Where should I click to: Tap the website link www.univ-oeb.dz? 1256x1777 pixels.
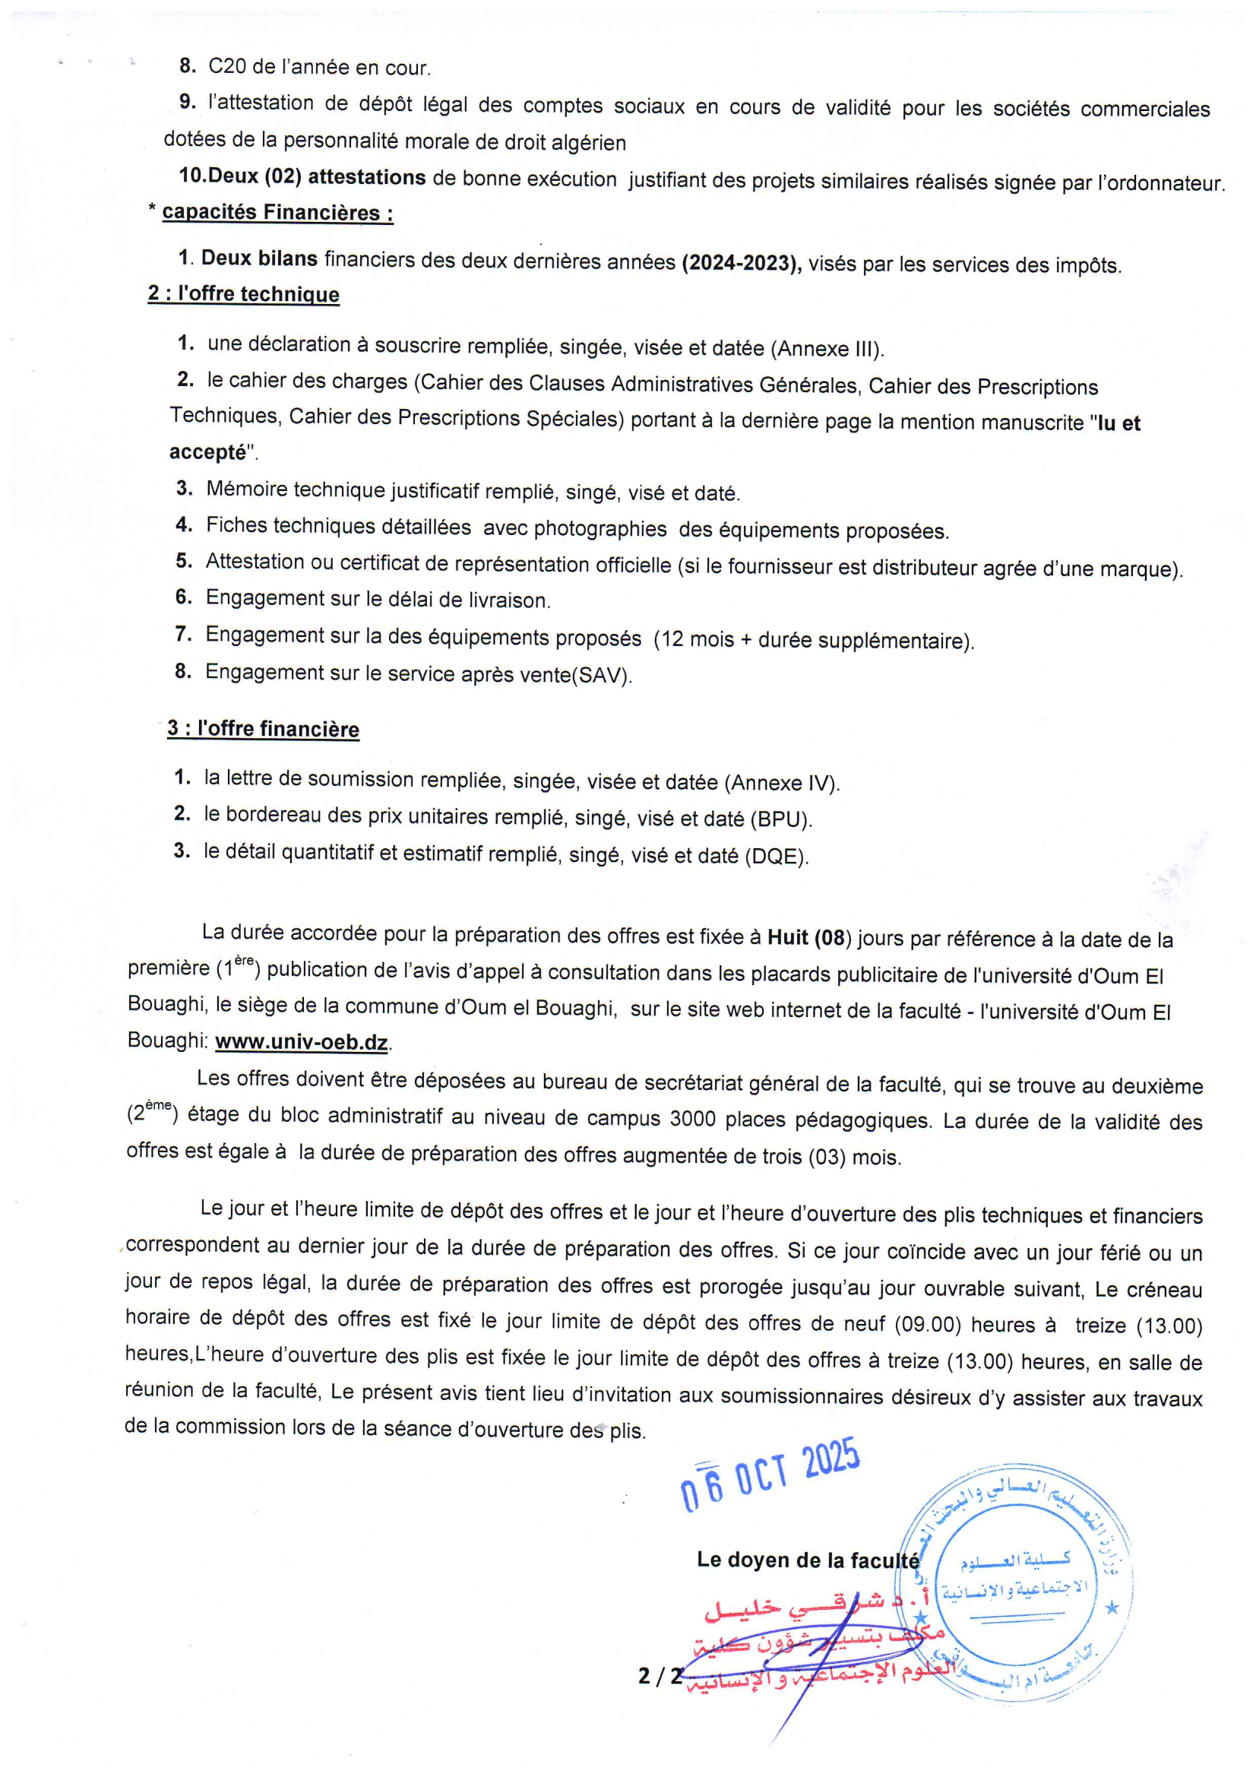301,1042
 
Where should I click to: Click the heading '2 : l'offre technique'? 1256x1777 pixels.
244,294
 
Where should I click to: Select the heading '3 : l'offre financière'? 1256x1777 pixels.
263,729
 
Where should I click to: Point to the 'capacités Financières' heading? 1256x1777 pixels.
277,212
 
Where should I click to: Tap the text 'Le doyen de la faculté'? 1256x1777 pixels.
807,1560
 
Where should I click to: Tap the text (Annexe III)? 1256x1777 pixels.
827,348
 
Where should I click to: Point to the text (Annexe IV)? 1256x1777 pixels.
782,782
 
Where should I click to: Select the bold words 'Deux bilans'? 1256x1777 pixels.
259,258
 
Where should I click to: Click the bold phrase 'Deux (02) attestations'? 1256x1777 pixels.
317,177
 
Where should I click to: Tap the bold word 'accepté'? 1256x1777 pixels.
207,452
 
